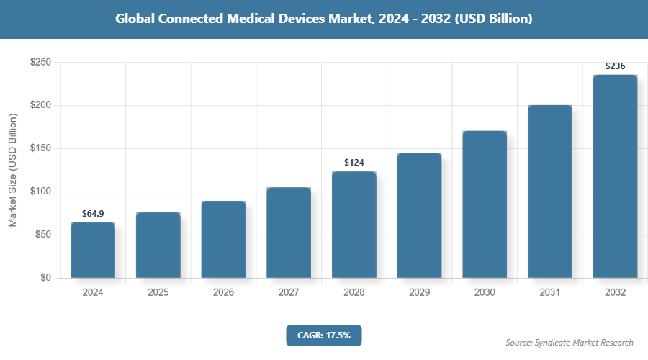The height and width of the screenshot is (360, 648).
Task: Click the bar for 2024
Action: pyautogui.click(x=93, y=250)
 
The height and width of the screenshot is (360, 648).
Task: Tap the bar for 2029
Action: pyautogui.click(x=419, y=215)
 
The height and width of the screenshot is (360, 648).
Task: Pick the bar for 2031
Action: pyautogui.click(x=550, y=192)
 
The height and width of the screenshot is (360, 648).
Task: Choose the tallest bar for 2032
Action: pyautogui.click(x=615, y=176)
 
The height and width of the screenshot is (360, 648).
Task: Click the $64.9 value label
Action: pyautogui.click(x=93, y=214)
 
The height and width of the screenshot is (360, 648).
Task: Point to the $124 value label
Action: pyautogui.click(x=354, y=163)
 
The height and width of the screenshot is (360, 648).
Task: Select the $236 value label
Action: pyautogui.click(x=615, y=66)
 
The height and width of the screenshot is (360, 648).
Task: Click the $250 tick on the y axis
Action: pyautogui.click(x=40, y=63)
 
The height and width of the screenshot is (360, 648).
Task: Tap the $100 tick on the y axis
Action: pyautogui.click(x=40, y=192)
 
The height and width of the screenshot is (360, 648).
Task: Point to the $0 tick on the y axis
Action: pyautogui.click(x=45, y=278)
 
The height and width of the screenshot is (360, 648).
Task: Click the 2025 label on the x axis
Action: pyautogui.click(x=158, y=293)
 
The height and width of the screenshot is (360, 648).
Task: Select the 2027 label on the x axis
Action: pyautogui.click(x=289, y=293)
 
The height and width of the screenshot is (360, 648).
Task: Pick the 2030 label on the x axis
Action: pyautogui.click(x=485, y=293)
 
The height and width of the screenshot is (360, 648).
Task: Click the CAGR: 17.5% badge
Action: pyautogui.click(x=324, y=335)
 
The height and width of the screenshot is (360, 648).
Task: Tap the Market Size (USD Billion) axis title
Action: pyautogui.click(x=12, y=170)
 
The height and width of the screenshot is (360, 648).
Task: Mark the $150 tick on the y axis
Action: pyautogui.click(x=40, y=149)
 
